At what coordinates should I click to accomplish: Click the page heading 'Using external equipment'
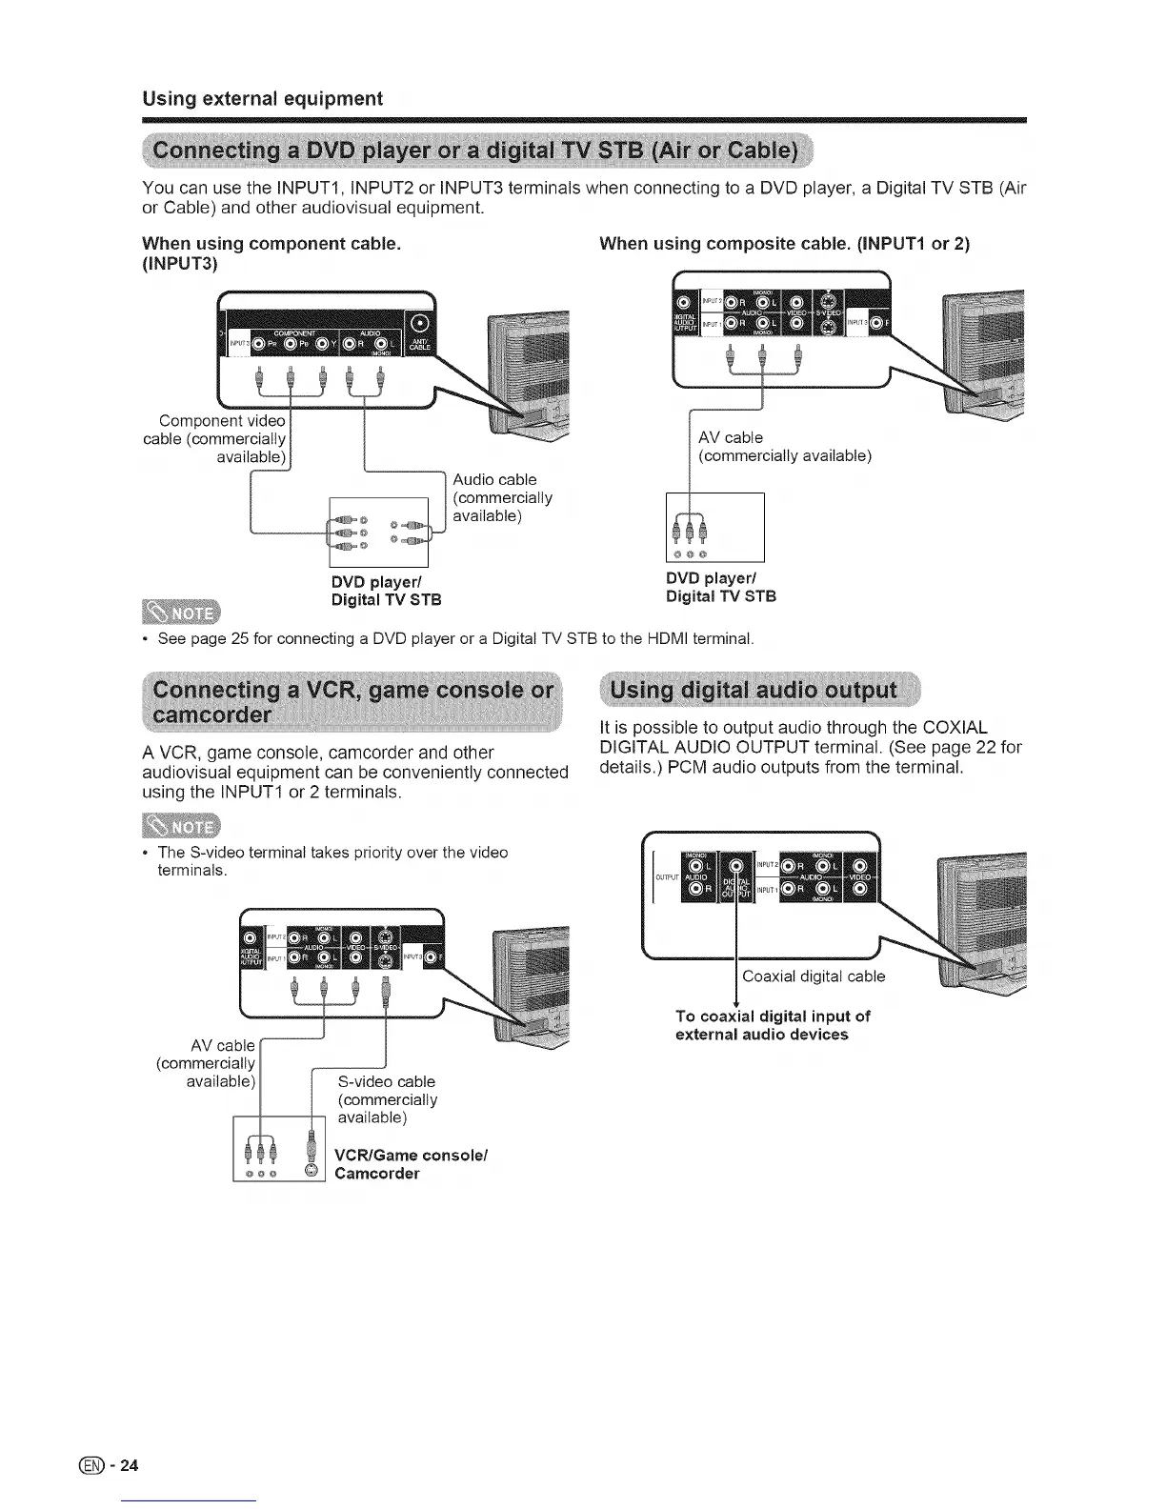(262, 99)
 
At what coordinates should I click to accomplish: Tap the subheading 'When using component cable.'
(271, 244)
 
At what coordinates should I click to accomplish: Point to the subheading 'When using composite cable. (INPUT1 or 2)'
(784, 244)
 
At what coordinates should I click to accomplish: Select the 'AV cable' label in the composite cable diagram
(731, 438)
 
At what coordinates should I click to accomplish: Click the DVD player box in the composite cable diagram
(714, 528)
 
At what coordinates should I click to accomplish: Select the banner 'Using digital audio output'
(753, 690)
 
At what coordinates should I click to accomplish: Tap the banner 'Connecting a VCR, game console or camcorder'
(352, 701)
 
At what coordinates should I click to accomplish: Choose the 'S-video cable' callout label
(387, 1082)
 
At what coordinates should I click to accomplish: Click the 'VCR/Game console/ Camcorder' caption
(411, 1164)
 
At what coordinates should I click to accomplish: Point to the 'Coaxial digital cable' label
(814, 976)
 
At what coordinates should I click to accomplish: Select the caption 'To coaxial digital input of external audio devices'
(772, 1025)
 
